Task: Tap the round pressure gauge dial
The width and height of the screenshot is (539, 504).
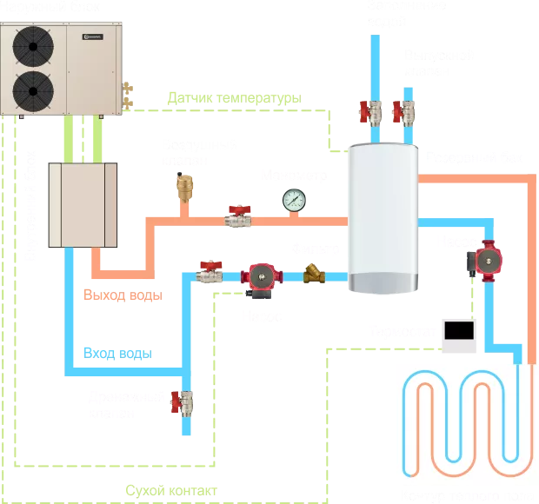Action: (290, 199)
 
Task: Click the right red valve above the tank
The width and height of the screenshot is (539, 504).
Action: (403, 111)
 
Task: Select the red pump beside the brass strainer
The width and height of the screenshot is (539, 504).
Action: (260, 275)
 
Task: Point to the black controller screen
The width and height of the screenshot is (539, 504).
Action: (458, 330)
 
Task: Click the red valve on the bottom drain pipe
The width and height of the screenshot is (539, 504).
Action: (183, 402)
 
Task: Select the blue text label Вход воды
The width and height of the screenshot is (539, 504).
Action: (118, 352)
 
